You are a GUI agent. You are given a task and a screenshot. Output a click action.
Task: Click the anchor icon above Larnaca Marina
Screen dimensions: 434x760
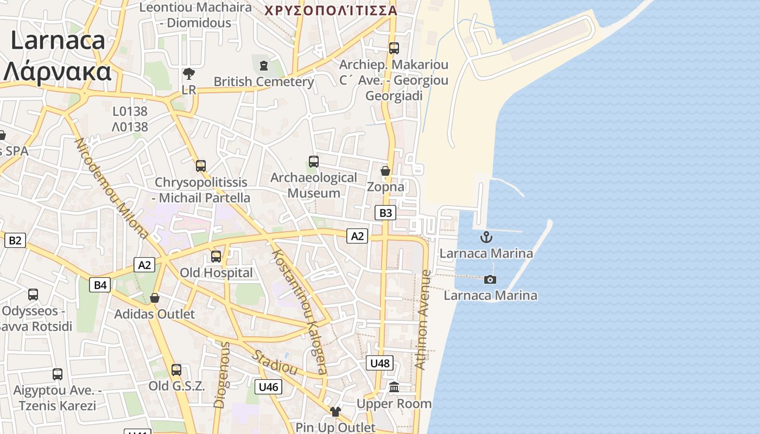[x=486, y=237]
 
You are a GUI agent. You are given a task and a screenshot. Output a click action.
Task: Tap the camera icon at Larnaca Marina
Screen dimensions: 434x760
[x=490, y=279]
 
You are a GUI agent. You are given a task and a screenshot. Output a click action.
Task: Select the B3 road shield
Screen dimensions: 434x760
[x=385, y=213]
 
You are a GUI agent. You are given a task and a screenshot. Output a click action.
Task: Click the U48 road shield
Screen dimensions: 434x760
[x=380, y=363]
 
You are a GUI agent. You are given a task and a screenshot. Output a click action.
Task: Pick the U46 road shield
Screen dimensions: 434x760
[x=268, y=387]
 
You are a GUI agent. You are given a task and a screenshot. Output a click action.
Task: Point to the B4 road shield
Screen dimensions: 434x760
[x=100, y=285]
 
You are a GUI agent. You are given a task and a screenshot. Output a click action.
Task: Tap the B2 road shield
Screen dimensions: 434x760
[x=15, y=240]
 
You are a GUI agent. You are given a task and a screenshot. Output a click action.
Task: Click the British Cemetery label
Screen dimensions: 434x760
[x=264, y=82]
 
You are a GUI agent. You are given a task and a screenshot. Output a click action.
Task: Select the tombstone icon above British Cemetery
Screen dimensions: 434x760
[x=264, y=66]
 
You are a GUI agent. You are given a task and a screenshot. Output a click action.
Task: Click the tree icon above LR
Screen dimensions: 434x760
[x=189, y=73]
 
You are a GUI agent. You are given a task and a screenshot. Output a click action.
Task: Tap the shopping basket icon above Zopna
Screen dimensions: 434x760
[x=385, y=171]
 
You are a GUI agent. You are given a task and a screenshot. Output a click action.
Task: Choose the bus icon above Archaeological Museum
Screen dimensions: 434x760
[x=314, y=162]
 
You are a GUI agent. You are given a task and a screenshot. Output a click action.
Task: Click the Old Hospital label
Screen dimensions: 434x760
[x=216, y=273]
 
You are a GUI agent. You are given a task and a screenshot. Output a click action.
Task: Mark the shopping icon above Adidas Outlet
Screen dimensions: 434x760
[x=155, y=298]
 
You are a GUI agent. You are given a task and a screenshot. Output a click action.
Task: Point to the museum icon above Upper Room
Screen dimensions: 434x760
[x=394, y=387]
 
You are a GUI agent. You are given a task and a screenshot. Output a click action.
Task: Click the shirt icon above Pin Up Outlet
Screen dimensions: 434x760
[x=335, y=412]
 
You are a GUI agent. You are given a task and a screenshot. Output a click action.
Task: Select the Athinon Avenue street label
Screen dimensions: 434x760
[x=422, y=320]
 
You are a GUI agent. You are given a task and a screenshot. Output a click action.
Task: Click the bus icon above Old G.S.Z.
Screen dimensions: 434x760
[x=176, y=370]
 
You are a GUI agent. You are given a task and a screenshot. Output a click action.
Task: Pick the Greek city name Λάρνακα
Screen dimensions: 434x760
[x=58, y=71]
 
